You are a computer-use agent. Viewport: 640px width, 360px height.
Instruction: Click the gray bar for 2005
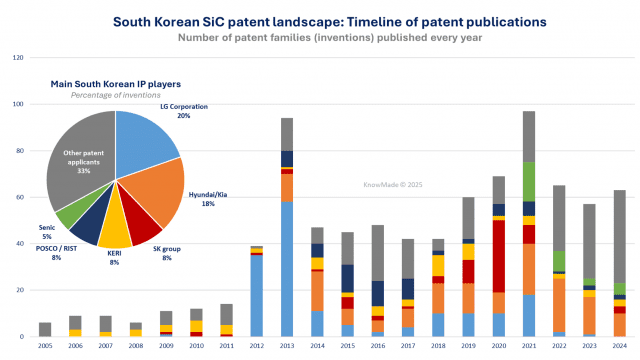[x=45, y=329]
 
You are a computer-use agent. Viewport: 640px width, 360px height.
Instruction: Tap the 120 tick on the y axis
[x=17, y=58]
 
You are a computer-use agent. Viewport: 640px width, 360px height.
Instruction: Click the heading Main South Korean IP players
[x=115, y=85]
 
